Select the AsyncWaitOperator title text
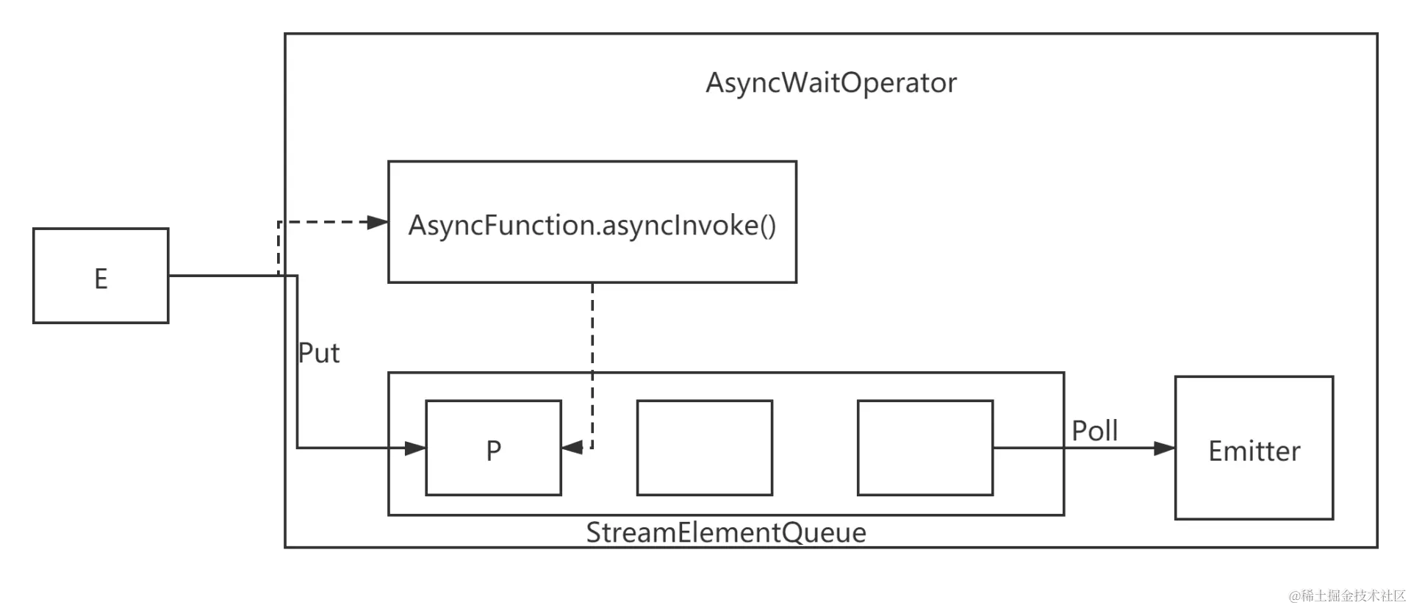[x=831, y=82]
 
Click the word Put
[x=318, y=353]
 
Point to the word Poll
[x=1094, y=430]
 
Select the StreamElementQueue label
[x=726, y=532]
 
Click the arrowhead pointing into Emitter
[x=1165, y=448]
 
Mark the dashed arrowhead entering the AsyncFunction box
[x=378, y=222]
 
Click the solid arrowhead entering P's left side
[x=415, y=448]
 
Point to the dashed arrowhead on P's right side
[x=572, y=447]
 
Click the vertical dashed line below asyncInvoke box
[x=592, y=364]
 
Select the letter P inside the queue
[x=493, y=450]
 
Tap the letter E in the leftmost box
[x=101, y=279]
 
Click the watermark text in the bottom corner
[x=1347, y=596]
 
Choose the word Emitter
[x=1254, y=451]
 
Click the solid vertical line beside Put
[x=297, y=362]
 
